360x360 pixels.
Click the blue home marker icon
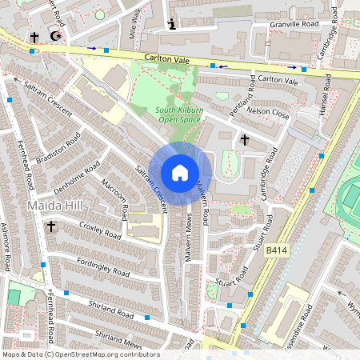pos(180,173)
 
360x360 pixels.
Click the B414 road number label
pos(276,250)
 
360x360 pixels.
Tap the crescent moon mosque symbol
pos(55,36)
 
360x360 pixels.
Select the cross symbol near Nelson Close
pos(244,139)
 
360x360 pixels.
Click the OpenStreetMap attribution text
pos(80,354)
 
